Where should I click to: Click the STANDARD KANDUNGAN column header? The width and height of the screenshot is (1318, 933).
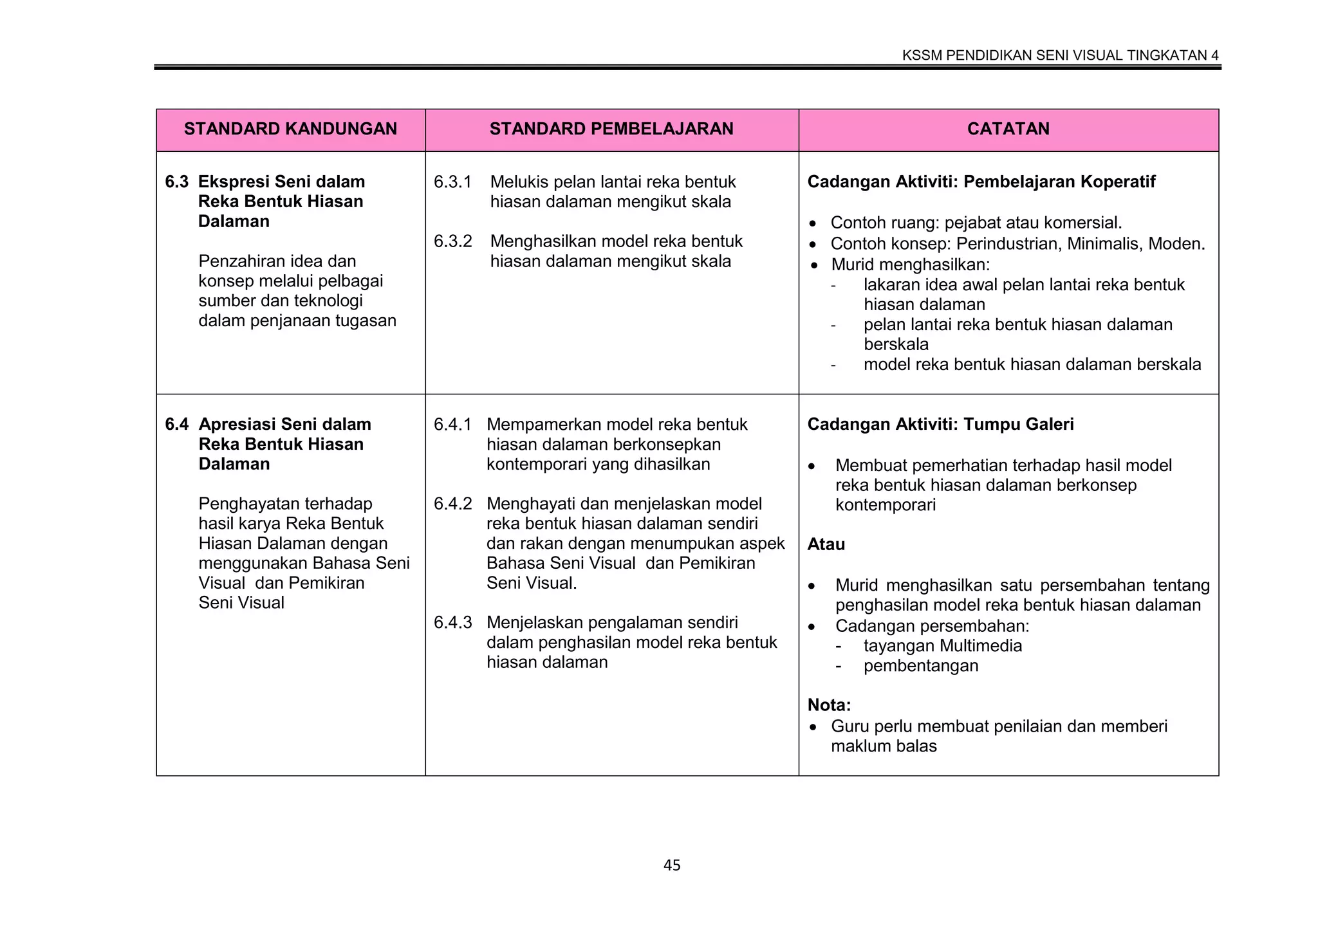[x=290, y=129]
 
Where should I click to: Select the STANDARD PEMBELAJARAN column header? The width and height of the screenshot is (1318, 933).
[x=611, y=129]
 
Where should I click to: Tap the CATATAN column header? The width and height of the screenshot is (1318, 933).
[x=1008, y=129]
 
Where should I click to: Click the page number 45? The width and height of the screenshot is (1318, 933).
[x=672, y=865]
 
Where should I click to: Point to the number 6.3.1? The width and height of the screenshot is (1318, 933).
[x=452, y=182]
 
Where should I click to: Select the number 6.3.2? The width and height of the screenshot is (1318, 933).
[x=452, y=242]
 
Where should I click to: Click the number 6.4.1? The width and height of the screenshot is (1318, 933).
[x=452, y=425]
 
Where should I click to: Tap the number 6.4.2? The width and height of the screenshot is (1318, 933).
[x=452, y=504]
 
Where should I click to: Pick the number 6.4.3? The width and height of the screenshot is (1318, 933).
[x=452, y=623]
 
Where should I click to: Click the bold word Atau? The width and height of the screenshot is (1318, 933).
[x=826, y=544]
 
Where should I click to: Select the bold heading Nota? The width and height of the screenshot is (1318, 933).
[x=829, y=705]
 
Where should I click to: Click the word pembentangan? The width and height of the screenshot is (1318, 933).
[x=920, y=666]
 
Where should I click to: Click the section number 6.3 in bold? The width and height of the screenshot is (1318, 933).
[x=176, y=182]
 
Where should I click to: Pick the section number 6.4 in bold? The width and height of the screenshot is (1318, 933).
[x=176, y=425]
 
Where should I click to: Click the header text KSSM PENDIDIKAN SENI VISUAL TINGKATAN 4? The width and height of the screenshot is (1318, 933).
[x=1060, y=55]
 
